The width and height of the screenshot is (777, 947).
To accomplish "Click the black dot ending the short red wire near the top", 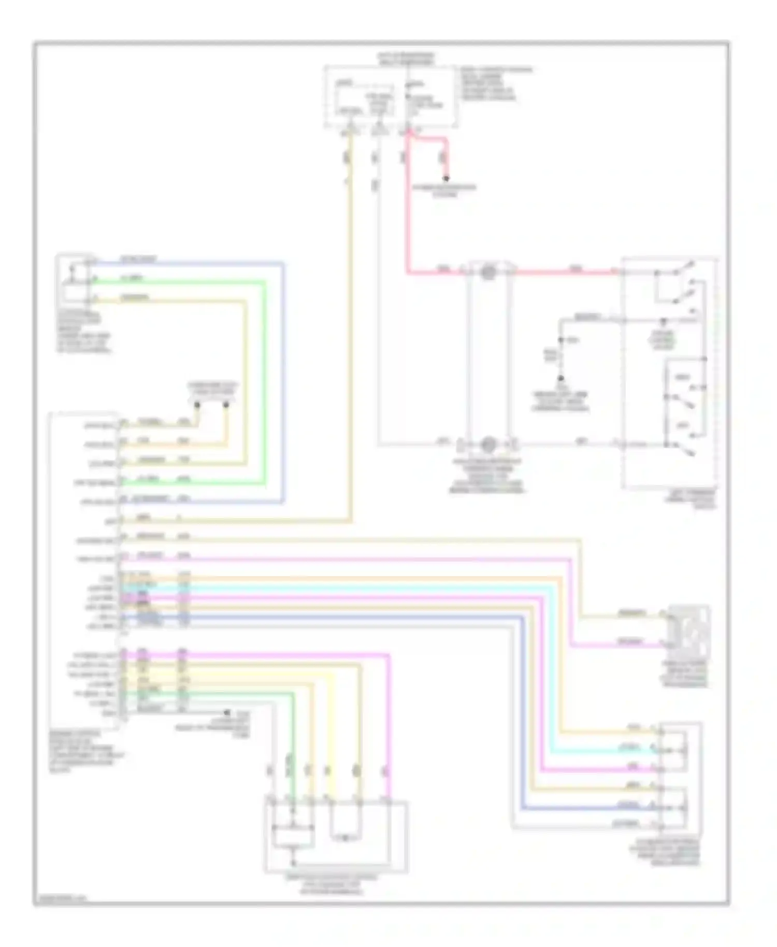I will (446, 178).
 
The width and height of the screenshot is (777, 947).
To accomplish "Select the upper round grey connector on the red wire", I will (487, 271).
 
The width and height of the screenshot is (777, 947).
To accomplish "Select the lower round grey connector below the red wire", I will (487, 444).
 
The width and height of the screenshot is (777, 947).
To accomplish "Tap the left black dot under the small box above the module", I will (197, 405).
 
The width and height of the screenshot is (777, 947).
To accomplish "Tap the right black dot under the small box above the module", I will (226, 405).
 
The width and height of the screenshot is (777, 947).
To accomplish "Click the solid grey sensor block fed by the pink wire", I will (688, 630).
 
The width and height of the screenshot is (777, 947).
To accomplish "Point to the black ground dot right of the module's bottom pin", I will (226, 713).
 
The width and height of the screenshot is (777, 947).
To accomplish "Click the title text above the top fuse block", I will (406, 58).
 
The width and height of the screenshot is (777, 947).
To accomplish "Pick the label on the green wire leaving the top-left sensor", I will (133, 279).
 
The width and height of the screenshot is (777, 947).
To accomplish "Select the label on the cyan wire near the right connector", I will (629, 748).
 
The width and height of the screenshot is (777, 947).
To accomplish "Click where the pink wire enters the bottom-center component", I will (386, 801).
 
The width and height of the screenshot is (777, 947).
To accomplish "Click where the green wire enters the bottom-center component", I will (292, 801).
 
